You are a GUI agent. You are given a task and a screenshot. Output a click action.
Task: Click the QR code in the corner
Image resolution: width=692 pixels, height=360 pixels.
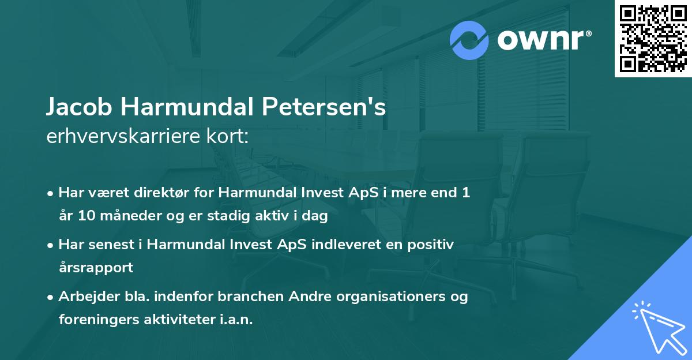(653, 39)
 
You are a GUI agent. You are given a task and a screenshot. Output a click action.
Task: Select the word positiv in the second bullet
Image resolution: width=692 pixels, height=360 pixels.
(432, 245)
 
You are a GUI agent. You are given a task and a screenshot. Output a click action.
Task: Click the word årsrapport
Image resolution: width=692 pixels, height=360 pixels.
(96, 267)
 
